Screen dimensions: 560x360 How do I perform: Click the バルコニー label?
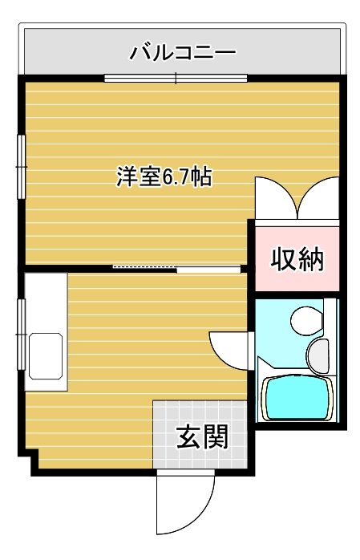[183, 54]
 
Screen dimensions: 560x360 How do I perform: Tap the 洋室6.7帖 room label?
[164, 177]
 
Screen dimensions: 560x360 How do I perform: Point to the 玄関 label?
[202, 437]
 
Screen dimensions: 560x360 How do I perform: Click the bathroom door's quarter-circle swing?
[229, 348]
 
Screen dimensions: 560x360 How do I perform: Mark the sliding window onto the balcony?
[175, 78]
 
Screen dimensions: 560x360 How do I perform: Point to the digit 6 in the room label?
[169, 178]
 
